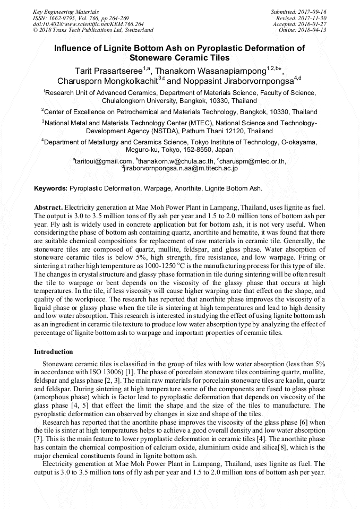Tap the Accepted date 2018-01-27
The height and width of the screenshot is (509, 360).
tap(312, 24)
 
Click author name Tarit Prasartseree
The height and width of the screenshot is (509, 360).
tap(108, 70)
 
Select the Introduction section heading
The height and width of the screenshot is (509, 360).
tap(54, 352)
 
